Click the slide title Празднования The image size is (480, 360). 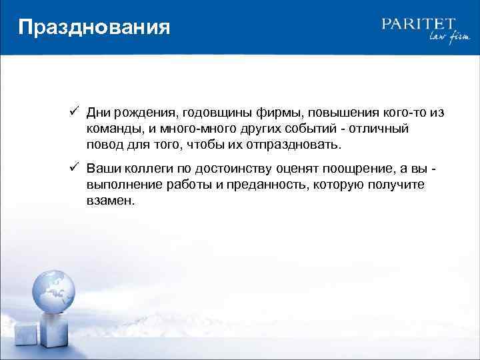coord(94,28)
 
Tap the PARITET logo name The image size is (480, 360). coord(418,24)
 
